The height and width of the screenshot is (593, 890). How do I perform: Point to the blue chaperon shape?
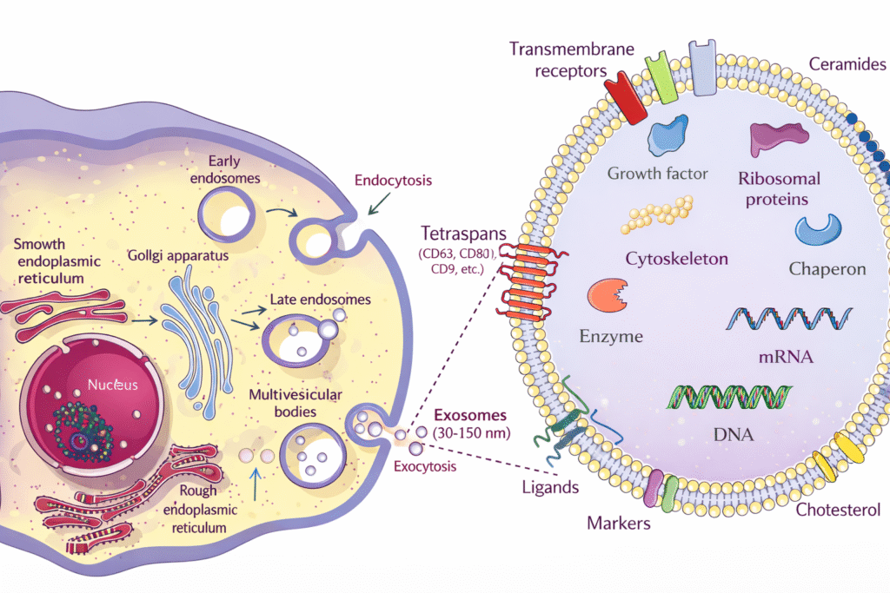point(818,230)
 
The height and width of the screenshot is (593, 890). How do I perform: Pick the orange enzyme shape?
point(609,297)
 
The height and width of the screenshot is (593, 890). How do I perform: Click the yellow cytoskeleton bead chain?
point(658,215)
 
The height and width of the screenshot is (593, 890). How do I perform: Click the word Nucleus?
point(111,384)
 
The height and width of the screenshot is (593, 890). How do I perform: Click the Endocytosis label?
point(392,181)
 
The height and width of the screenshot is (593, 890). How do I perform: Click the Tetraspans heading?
point(462,234)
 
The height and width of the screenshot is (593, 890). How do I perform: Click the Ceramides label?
point(847,64)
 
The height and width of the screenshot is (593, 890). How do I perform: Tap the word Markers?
point(618,523)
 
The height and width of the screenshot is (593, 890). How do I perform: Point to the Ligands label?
point(550,487)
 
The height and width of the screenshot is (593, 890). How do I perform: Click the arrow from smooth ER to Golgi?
point(144,320)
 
